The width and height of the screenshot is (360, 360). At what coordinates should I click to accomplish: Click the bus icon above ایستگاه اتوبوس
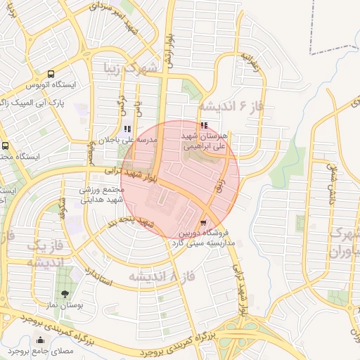pos(51,74)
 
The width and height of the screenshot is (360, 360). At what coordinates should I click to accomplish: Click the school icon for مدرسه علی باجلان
pos(127,129)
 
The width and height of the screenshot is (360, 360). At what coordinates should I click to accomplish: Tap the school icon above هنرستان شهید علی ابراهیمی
pos(204,125)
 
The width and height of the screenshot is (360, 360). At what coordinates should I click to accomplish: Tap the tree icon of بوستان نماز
pos(65,294)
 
